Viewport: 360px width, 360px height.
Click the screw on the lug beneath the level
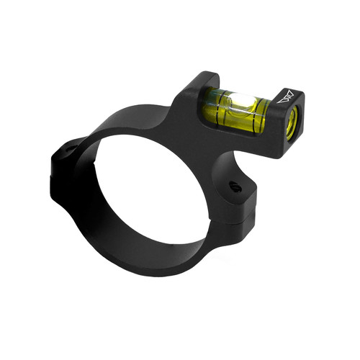pyautogui.click(x=235, y=186)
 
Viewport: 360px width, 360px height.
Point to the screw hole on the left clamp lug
pyautogui.click(x=70, y=151)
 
